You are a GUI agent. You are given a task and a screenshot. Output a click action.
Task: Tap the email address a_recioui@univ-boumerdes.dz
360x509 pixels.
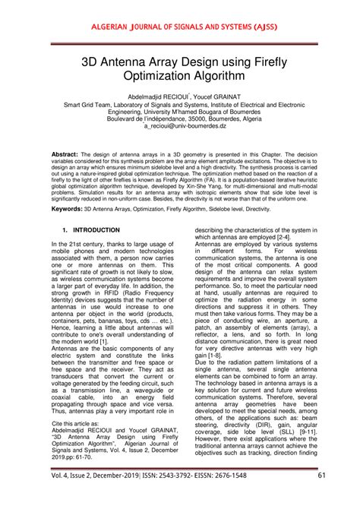179,128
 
